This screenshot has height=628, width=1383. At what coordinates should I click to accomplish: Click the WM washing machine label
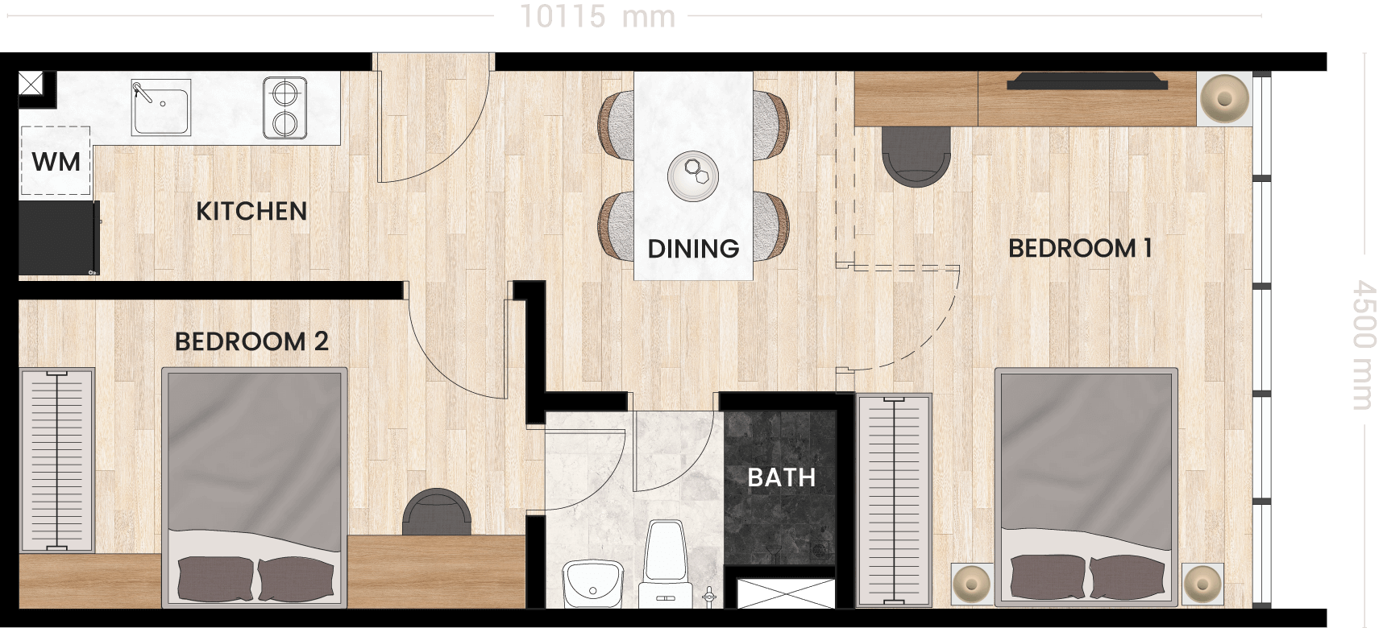pos(56,162)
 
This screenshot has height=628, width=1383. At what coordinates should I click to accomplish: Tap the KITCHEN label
pos(251,211)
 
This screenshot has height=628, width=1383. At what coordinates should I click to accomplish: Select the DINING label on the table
pos(693,249)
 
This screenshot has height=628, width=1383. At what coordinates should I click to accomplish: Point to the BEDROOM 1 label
pos(1080,248)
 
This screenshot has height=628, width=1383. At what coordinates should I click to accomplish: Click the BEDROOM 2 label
pos(251,341)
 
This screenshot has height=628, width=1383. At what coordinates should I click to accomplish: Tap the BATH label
pos(782,477)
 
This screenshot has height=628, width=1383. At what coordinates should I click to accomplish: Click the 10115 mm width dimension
pos(597,16)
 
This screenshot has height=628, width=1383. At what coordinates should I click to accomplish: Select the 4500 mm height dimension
pos(1364,345)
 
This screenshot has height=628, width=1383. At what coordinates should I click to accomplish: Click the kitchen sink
pos(161,107)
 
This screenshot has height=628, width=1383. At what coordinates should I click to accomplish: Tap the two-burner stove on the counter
pos(284,108)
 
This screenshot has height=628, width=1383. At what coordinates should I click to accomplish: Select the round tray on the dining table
pos(693,176)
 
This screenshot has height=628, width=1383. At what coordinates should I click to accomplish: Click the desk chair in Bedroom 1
pos(916,156)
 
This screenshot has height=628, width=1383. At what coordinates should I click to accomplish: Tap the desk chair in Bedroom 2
pos(436,511)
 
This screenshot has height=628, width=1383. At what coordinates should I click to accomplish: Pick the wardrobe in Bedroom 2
pos(57,461)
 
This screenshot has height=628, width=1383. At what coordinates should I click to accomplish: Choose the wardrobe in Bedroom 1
pos(894,500)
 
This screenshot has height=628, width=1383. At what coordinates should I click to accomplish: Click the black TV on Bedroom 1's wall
pos(1087,81)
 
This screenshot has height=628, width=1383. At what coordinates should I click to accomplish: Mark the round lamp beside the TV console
pos(1224,99)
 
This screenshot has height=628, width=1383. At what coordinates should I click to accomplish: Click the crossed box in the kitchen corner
pos(31,83)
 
